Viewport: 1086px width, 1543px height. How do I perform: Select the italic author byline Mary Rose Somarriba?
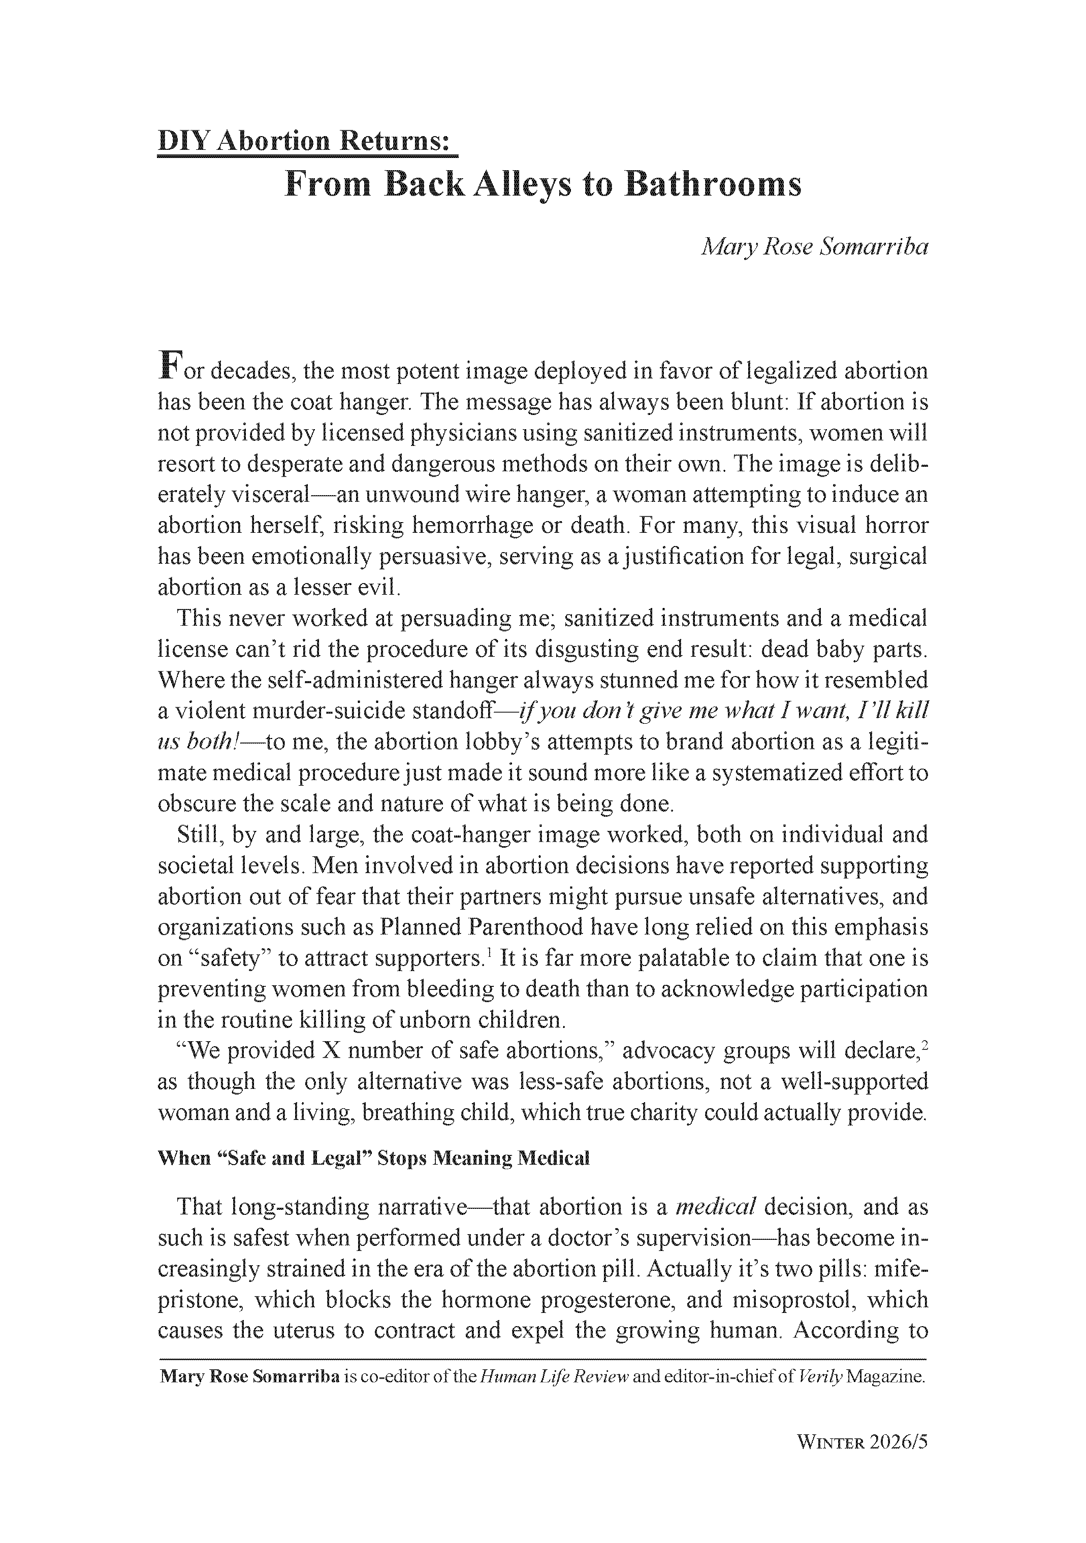[x=815, y=247]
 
